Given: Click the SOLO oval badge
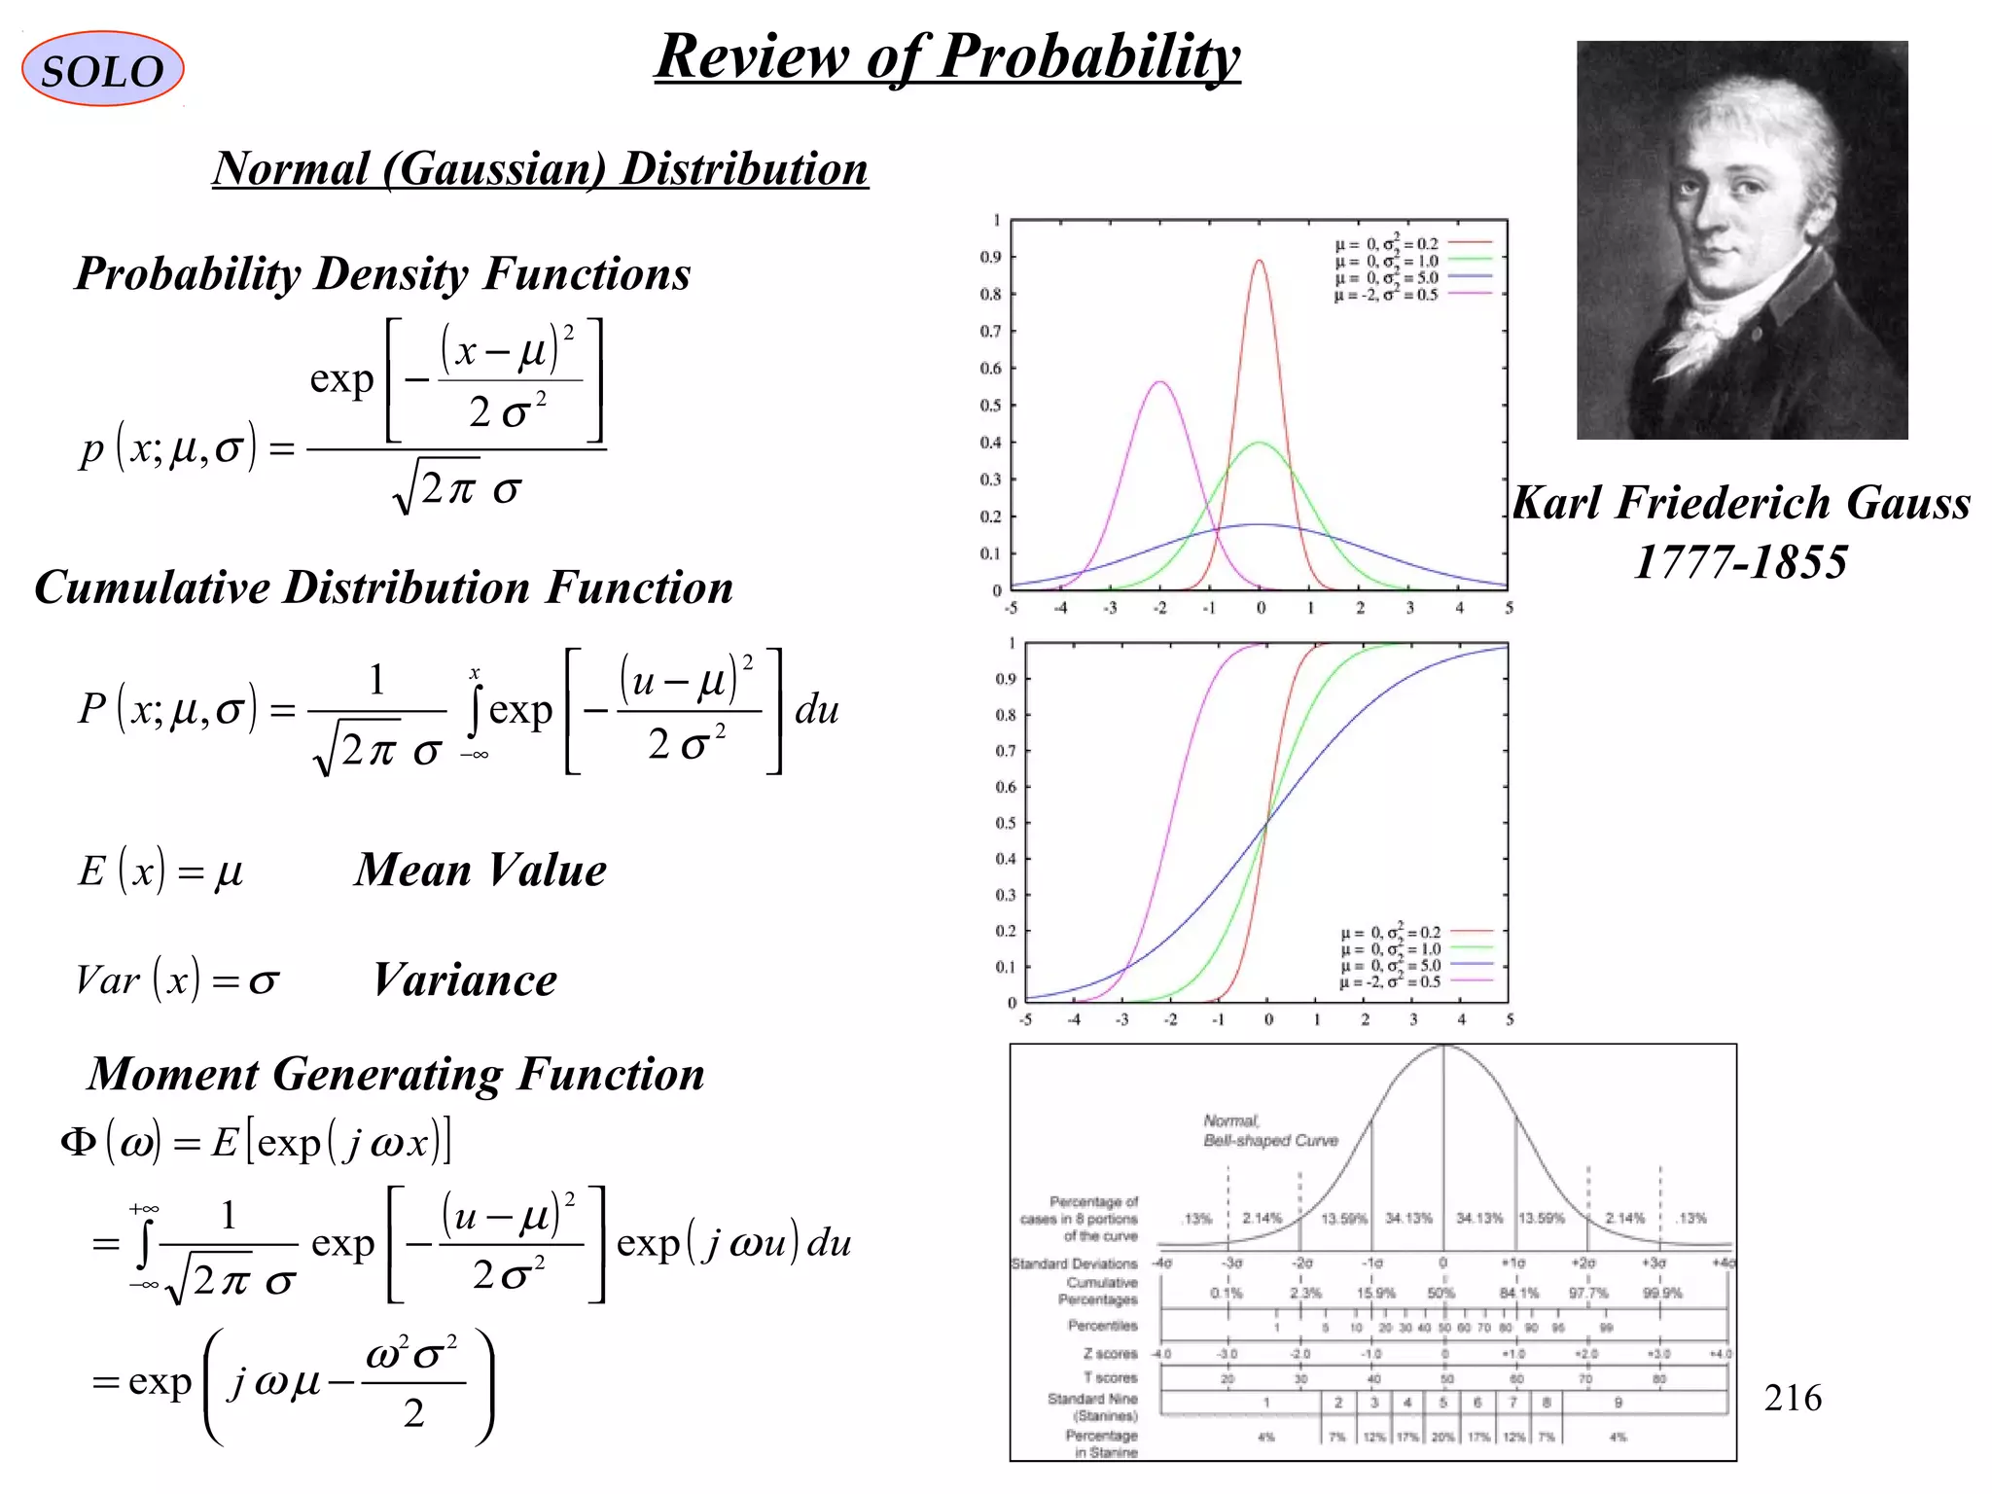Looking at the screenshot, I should [x=102, y=69].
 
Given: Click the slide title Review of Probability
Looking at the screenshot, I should [x=947, y=56].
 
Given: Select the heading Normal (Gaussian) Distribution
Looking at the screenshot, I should [x=540, y=168].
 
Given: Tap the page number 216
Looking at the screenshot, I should [x=1792, y=1398].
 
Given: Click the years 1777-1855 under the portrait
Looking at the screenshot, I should [x=1740, y=561].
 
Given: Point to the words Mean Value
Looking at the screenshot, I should [x=480, y=870].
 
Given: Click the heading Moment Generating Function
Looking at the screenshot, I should [x=396, y=1074].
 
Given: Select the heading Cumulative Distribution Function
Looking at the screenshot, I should [x=384, y=587].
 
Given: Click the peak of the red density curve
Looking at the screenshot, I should [x=1259, y=261].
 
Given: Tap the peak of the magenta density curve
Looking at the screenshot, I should [x=1159, y=382].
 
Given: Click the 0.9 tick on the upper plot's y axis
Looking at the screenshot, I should [x=990, y=258].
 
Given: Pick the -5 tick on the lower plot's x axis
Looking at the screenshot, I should [x=1025, y=1020].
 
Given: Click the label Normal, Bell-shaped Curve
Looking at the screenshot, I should [x=1269, y=1130].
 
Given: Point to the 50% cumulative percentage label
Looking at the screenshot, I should [x=1441, y=1293].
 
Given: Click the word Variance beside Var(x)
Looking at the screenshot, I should [x=465, y=980].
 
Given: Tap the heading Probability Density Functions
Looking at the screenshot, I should [x=383, y=273].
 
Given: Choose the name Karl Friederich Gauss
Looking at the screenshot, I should [x=1741, y=503].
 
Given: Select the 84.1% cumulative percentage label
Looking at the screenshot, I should [x=1518, y=1293].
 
